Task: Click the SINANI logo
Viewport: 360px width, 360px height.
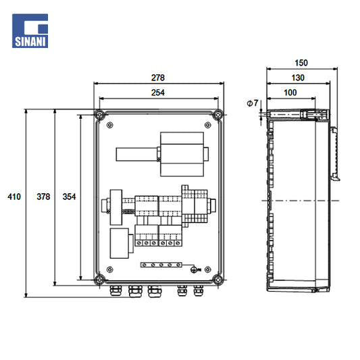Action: coord(30,31)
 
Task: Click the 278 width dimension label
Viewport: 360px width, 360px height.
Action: coord(158,78)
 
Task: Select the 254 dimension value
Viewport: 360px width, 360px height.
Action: coord(158,93)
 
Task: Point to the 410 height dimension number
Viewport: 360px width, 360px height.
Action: coord(14,197)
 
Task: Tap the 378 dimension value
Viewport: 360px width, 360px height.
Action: coord(43,197)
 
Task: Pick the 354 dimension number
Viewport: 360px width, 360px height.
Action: coord(70,197)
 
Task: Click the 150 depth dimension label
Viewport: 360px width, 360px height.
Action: coord(301,63)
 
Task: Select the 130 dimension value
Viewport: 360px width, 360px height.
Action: coord(298,78)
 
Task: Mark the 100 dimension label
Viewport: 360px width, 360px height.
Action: coord(290,93)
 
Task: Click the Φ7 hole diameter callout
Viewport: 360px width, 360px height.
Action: coord(253,103)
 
